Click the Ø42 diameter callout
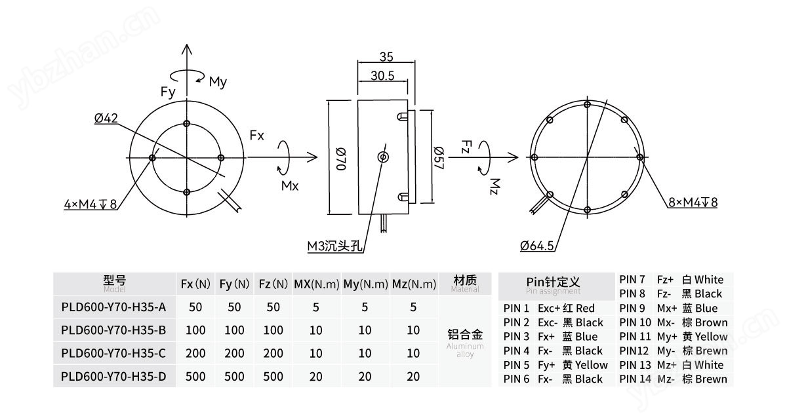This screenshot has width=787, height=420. point(106,119)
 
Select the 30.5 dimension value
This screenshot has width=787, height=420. point(382,76)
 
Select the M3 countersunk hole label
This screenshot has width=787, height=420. point(335,246)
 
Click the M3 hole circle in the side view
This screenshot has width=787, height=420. point(383,157)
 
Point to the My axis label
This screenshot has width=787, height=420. point(218,82)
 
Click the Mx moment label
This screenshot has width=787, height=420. point(290,186)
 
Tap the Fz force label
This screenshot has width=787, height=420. point(466,145)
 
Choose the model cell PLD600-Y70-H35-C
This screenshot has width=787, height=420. point(113,354)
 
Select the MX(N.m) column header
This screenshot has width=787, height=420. point(316,284)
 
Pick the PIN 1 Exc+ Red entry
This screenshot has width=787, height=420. point(549,308)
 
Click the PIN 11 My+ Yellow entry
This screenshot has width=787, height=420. point(673,337)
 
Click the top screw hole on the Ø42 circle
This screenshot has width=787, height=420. point(187,123)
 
